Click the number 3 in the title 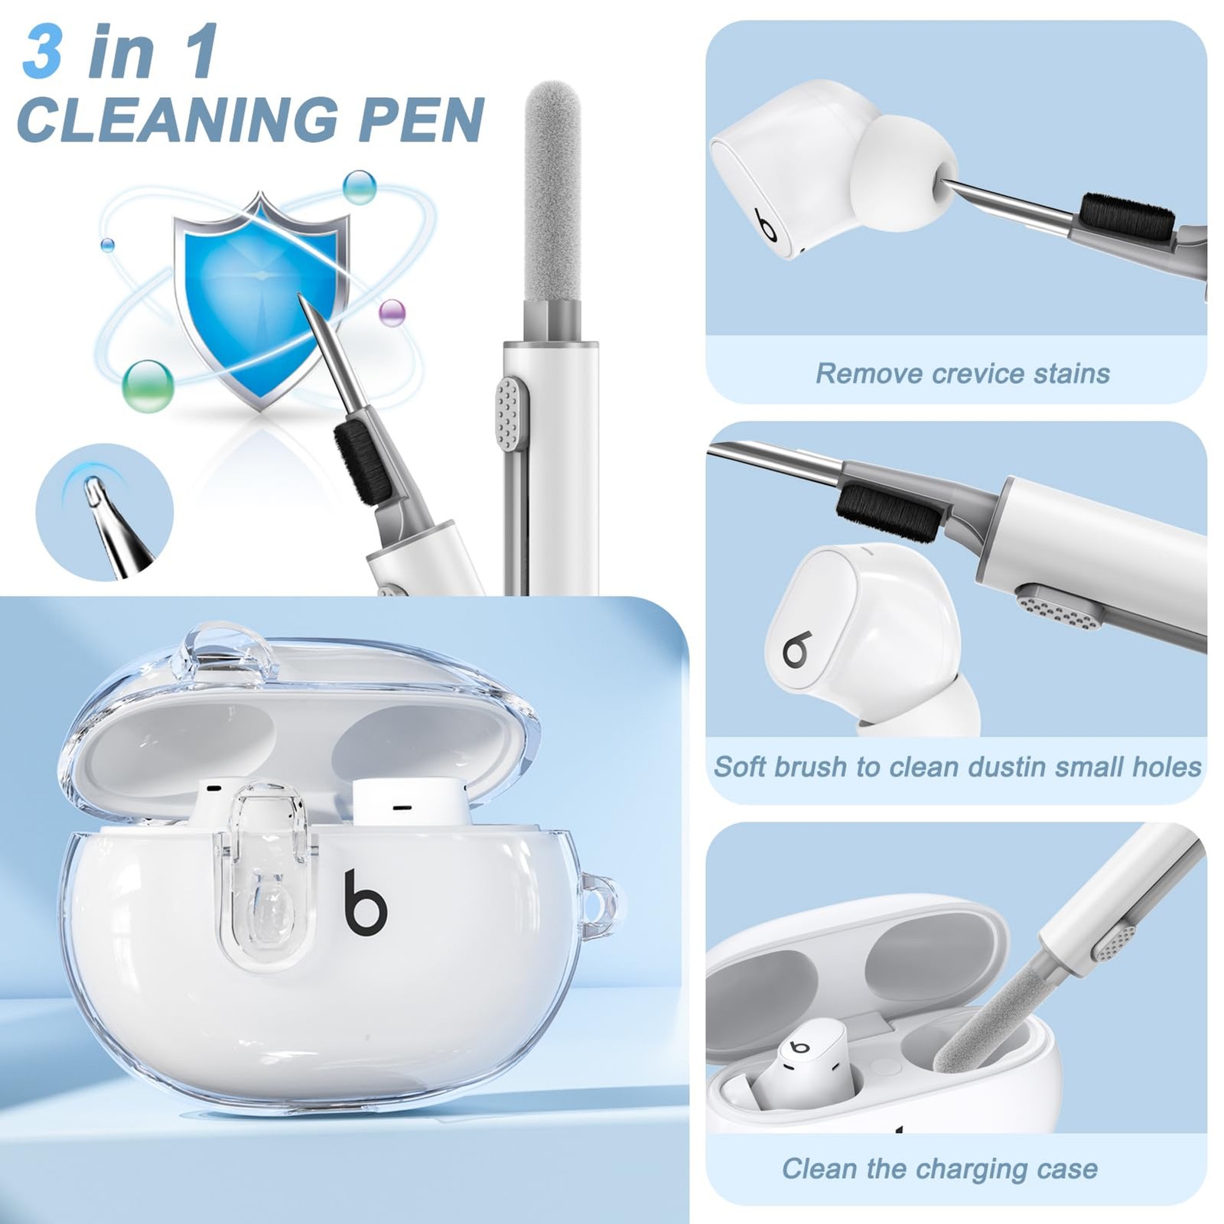[x=43, y=51]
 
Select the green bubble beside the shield [x=148, y=386]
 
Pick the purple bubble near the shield [x=392, y=313]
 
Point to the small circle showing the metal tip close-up [x=105, y=512]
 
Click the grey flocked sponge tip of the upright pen [x=552, y=191]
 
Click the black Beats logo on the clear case [x=365, y=902]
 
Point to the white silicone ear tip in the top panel [x=903, y=174]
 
